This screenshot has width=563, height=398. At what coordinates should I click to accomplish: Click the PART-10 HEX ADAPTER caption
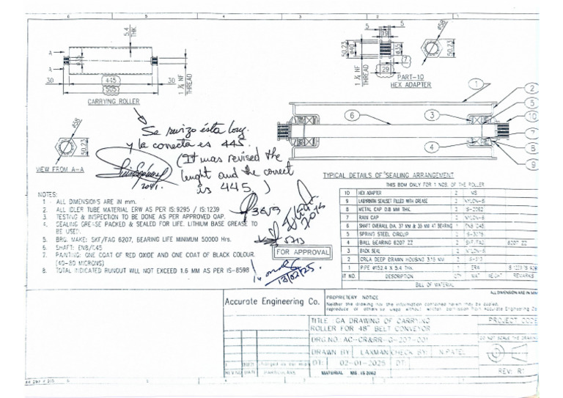410,81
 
